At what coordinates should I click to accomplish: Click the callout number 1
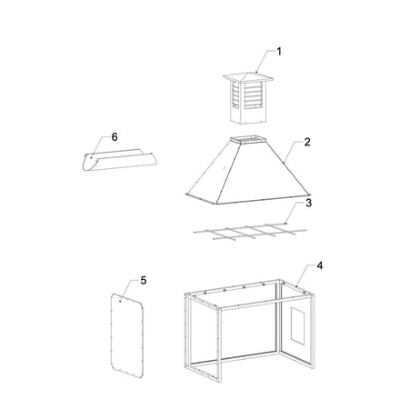point(279,52)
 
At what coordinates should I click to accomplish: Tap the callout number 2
point(307,142)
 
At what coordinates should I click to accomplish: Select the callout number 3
point(308,203)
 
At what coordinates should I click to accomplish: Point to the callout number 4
point(320,265)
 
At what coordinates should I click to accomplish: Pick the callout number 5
point(144,281)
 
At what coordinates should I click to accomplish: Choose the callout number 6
point(115,137)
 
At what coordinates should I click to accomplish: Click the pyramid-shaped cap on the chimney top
point(248,77)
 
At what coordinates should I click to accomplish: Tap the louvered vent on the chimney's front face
point(253,95)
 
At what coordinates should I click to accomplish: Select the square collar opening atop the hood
point(249,140)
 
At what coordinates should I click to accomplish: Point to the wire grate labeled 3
point(250,232)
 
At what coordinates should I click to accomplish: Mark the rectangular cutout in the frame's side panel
point(298,325)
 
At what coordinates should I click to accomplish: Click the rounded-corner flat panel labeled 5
point(127,335)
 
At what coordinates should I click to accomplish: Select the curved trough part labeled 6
point(120,160)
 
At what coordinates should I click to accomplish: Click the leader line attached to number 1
point(264,61)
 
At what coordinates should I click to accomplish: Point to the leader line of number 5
point(127,290)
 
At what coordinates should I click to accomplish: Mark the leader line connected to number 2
point(293,152)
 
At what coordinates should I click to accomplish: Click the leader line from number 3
point(293,213)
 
